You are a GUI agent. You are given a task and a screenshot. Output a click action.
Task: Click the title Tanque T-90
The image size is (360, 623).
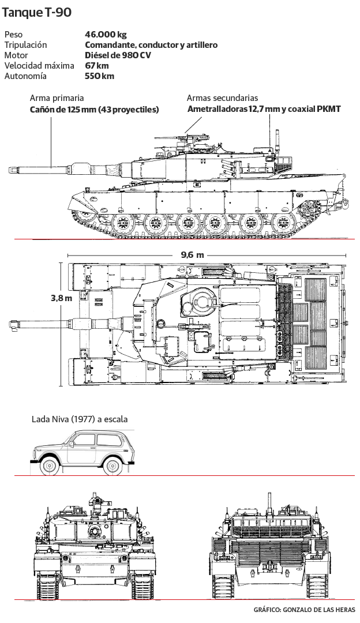click(37, 13)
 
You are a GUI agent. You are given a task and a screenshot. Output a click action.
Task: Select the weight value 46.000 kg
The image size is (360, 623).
click(106, 35)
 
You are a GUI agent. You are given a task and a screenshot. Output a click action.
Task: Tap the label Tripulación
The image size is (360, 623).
click(25, 45)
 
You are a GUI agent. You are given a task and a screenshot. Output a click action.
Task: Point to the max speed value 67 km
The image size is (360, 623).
click(97, 66)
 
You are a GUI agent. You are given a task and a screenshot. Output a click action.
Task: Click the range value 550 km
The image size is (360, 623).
click(99, 76)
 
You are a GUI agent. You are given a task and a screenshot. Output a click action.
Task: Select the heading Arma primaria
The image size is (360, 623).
click(57, 98)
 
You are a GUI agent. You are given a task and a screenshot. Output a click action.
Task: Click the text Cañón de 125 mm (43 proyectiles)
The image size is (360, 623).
click(94, 109)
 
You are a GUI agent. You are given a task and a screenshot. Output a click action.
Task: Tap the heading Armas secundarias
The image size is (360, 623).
click(222, 98)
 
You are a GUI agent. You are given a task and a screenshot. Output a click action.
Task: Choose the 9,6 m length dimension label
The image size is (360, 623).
click(192, 255)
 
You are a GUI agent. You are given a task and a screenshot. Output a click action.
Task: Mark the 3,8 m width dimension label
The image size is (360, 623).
click(61, 298)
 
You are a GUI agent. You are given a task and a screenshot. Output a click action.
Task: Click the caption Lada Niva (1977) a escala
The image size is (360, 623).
click(80, 419)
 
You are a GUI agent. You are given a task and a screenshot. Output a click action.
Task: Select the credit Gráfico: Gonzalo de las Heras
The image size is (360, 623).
click(304, 610)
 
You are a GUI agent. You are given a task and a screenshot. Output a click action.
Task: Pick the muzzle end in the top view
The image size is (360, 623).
click(12, 325)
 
